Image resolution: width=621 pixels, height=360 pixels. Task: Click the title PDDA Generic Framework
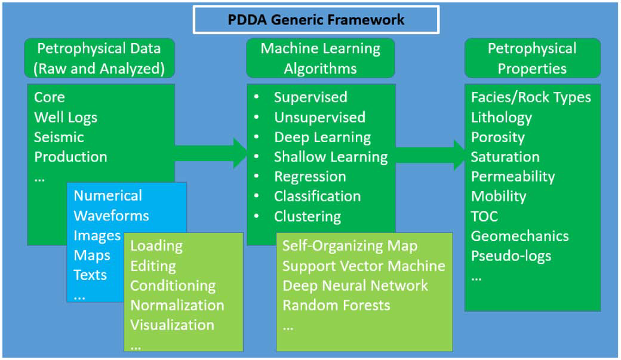tap(316, 20)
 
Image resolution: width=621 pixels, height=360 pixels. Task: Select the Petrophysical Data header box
tap(99, 59)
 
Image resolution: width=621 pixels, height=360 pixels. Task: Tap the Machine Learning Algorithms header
tap(321, 59)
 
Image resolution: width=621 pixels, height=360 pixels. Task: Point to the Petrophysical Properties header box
tap(532, 59)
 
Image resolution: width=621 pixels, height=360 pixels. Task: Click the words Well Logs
tap(65, 118)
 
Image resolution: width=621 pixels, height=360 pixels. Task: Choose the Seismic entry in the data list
tap(59, 137)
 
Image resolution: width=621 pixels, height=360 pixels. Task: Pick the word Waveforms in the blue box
tap(111, 216)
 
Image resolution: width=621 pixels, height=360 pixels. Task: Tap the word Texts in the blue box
tap(90, 275)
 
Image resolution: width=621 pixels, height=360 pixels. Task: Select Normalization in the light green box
tap(177, 305)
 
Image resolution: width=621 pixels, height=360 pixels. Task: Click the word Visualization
tap(173, 325)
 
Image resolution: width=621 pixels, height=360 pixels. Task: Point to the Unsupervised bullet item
tap(319, 117)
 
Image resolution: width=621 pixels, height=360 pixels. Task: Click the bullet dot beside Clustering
tap(257, 216)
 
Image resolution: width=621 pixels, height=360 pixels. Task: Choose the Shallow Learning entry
tap(331, 157)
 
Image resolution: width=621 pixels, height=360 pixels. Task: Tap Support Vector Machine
tap(364, 266)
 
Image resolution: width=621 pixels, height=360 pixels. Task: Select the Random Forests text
tap(336, 305)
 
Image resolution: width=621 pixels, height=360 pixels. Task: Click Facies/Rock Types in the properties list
tap(531, 97)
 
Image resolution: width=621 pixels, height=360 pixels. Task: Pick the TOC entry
tap(484, 216)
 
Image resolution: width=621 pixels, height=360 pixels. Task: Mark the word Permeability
tap(513, 177)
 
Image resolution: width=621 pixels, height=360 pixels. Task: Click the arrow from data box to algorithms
tap(211, 153)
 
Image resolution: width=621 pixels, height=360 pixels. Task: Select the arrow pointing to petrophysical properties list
tap(430, 155)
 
